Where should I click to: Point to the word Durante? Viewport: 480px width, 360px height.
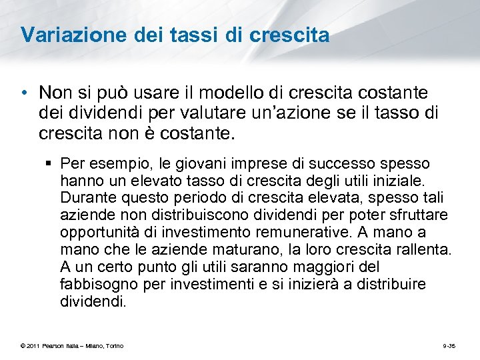pyautogui.click(x=86, y=198)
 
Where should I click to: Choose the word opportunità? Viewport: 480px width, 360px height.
pyautogui.click(x=95, y=233)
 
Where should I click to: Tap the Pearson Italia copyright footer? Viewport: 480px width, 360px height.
pyautogui.click(x=71, y=345)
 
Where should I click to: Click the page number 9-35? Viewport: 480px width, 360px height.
pyautogui.click(x=449, y=345)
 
